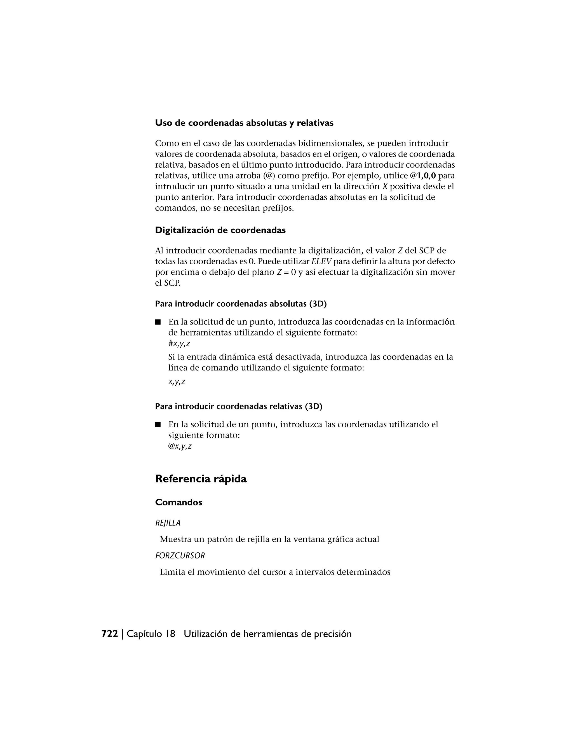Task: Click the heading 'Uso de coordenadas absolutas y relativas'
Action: (244, 123)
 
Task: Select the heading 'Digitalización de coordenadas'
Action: (220, 230)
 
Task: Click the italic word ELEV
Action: (321, 262)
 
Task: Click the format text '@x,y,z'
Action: (180, 446)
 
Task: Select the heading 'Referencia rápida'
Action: (201, 479)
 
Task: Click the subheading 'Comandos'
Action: (179, 503)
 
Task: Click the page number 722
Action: (110, 634)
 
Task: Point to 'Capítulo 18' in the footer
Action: (151, 634)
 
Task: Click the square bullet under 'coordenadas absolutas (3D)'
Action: (158, 322)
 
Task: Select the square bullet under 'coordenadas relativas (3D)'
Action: (158, 425)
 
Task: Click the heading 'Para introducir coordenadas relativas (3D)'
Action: (239, 406)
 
